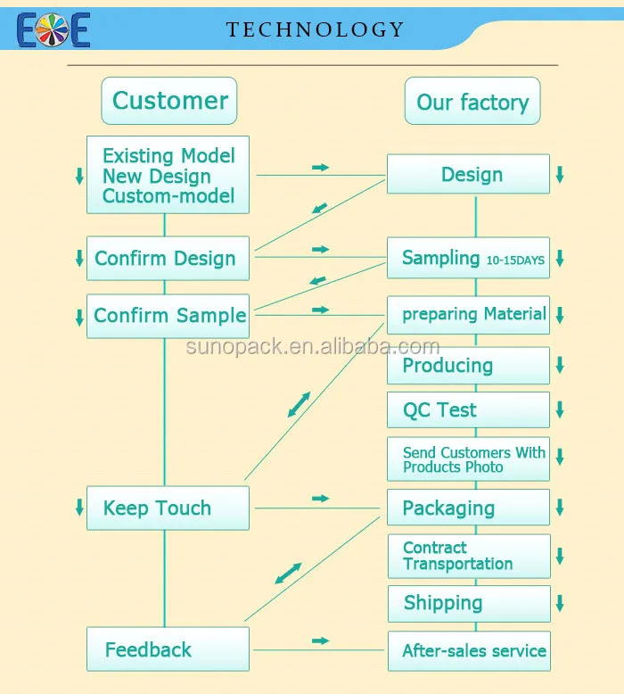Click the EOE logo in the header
click(x=53, y=29)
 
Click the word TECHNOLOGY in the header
click(x=316, y=29)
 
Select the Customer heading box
click(x=169, y=100)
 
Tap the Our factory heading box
click(x=472, y=102)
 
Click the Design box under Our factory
click(x=469, y=175)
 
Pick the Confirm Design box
click(x=167, y=259)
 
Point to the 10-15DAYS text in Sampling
click(x=516, y=260)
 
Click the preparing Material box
click(x=469, y=315)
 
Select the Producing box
click(x=469, y=366)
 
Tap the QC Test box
click(x=469, y=410)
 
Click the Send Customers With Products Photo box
click(x=469, y=459)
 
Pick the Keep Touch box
click(x=167, y=508)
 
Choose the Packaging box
click(x=469, y=508)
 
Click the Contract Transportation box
click(x=469, y=556)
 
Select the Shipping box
click(x=469, y=603)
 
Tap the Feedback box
click(x=167, y=649)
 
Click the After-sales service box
click(x=469, y=651)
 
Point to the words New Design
click(x=157, y=176)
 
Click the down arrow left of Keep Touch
click(x=79, y=508)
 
